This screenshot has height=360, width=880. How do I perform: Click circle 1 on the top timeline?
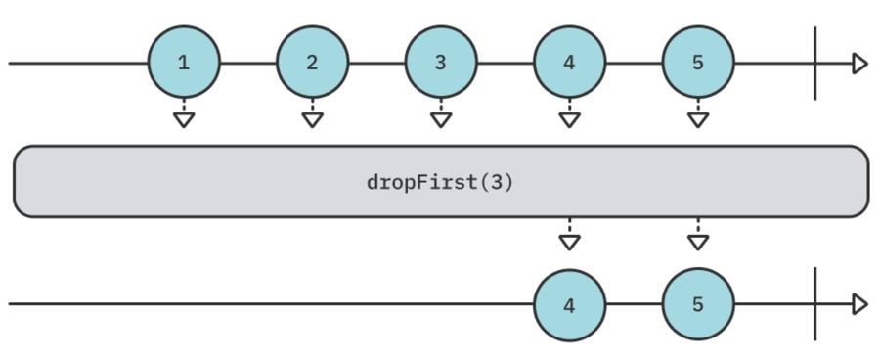[183, 64]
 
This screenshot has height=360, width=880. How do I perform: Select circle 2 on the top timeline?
[312, 64]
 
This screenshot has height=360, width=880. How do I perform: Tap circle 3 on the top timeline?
[440, 64]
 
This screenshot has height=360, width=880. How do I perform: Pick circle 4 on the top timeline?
[569, 64]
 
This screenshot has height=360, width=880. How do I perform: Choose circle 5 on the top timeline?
[697, 64]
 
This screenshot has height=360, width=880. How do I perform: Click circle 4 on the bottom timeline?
[569, 304]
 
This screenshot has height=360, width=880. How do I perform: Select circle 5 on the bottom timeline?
[697, 304]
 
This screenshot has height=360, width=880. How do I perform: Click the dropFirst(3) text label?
[439, 183]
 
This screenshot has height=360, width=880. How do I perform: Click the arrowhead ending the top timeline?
[859, 64]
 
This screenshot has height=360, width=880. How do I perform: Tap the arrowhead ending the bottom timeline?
[859, 304]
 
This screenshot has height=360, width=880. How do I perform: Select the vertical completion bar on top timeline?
[814, 64]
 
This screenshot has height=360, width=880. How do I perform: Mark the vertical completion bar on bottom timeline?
[814, 304]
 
